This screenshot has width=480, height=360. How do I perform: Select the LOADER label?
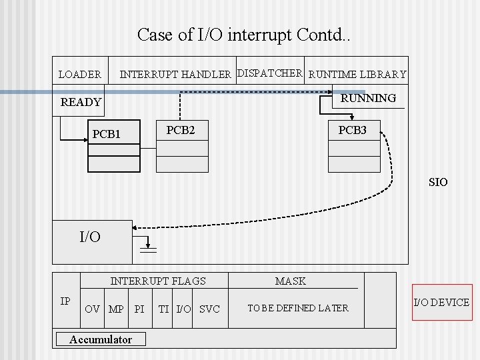[x=80, y=75]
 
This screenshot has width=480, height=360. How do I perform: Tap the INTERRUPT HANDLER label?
[x=175, y=74]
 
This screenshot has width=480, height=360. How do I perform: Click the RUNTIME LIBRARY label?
[x=358, y=75]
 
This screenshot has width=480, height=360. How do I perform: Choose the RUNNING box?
[x=368, y=98]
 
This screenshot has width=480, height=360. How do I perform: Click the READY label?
[x=81, y=102]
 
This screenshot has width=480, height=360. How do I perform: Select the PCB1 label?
[x=107, y=134]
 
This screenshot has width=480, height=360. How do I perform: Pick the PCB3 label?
[x=352, y=130]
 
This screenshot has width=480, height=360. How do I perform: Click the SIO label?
[x=438, y=182]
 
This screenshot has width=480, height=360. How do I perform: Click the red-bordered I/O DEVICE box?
[x=441, y=303]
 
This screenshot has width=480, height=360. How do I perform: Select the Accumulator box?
[x=101, y=339]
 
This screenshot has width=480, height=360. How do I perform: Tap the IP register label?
[x=65, y=301]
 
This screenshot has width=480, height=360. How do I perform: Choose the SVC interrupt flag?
[x=209, y=309]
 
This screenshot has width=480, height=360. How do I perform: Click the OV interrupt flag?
[x=93, y=309]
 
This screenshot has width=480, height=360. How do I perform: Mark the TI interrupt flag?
[x=163, y=309]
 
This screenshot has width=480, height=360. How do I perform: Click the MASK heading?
[x=291, y=281]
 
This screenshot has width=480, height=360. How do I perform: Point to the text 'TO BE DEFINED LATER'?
[x=297, y=308]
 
